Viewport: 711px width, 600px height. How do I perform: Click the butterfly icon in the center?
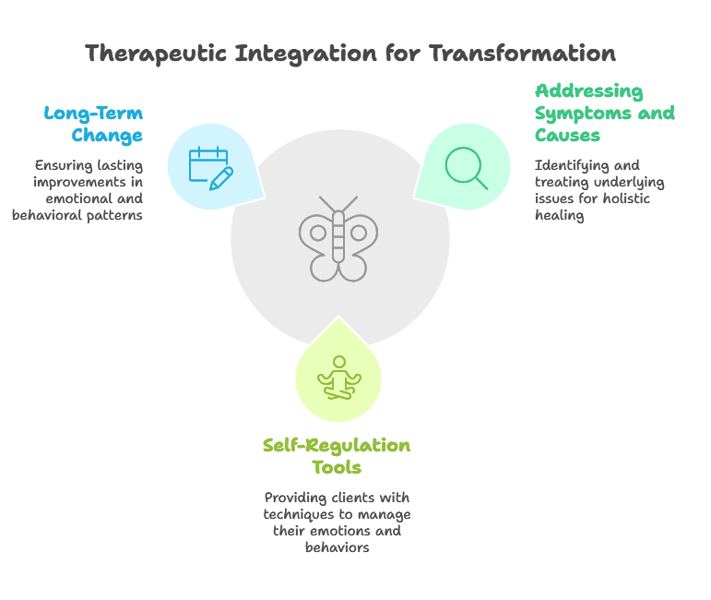pos(338,239)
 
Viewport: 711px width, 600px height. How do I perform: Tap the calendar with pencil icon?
pos(211,168)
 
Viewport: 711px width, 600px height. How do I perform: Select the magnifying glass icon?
pos(466,168)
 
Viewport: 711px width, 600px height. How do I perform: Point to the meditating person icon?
pos(339,378)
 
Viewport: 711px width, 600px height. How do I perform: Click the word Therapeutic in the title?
pos(156,54)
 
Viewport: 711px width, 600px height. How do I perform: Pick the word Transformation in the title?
pos(522,54)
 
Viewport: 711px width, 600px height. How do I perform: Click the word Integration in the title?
pos(305,54)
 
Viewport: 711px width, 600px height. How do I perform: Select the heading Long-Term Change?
pos(93,125)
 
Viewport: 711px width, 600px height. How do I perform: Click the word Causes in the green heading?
pos(567,136)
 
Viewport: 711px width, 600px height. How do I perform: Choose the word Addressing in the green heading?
pos(589,92)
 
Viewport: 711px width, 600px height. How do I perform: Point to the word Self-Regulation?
pos(337,446)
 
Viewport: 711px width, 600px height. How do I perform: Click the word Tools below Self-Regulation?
pos(337,467)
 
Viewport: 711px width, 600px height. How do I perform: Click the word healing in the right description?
pos(559,216)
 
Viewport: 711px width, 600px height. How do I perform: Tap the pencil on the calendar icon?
pos(221,179)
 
